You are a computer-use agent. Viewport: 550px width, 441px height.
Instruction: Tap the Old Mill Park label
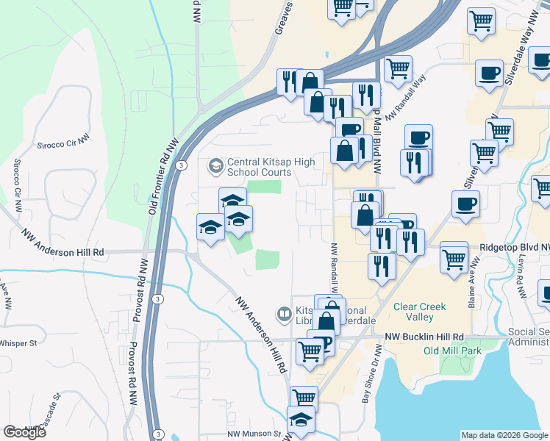[451, 351]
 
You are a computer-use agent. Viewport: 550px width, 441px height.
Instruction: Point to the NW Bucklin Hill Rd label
[426, 337]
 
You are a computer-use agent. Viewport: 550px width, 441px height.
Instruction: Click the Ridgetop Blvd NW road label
[512, 249]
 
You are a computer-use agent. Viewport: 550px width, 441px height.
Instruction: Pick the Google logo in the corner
[24, 432]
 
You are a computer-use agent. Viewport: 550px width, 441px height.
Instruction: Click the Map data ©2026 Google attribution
[504, 435]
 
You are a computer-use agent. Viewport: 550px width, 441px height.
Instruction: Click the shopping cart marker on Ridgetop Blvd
[454, 259]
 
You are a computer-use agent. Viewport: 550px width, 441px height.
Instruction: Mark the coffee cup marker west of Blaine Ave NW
[466, 205]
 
